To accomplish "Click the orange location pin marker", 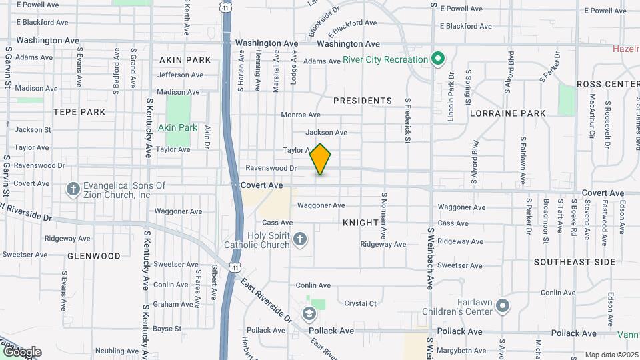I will click(321, 159).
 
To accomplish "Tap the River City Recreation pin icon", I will click(438, 60).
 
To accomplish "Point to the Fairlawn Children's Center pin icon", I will click(503, 306).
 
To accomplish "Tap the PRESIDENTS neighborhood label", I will click(363, 101).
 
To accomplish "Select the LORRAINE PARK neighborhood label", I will click(508, 113).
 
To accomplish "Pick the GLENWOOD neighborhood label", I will click(94, 256).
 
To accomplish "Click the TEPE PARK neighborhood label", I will click(79, 112).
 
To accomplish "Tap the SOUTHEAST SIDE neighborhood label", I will click(575, 262).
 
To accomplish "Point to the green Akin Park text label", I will click(178, 127).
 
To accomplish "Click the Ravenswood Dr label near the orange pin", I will click(271, 168).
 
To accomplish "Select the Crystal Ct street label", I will click(361, 303).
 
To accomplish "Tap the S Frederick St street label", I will click(407, 122).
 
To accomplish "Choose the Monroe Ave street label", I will click(301, 115).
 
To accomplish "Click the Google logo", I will click(21, 352).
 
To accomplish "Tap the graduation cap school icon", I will click(309, 313).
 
